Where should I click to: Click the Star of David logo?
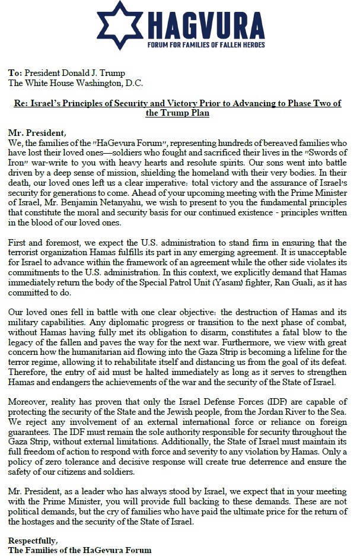point(120,24)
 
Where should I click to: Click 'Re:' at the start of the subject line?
point(21,103)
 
